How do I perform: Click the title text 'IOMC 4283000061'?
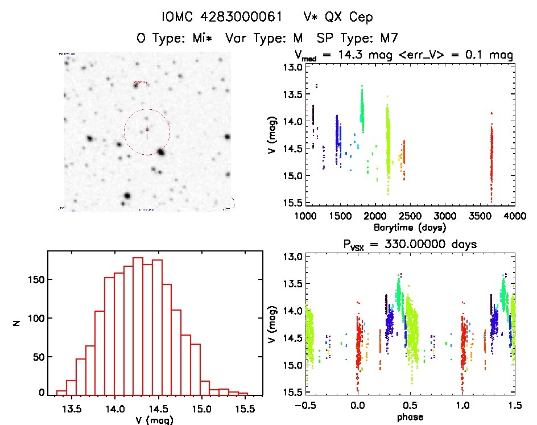222,17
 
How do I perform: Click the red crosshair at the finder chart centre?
147,131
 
